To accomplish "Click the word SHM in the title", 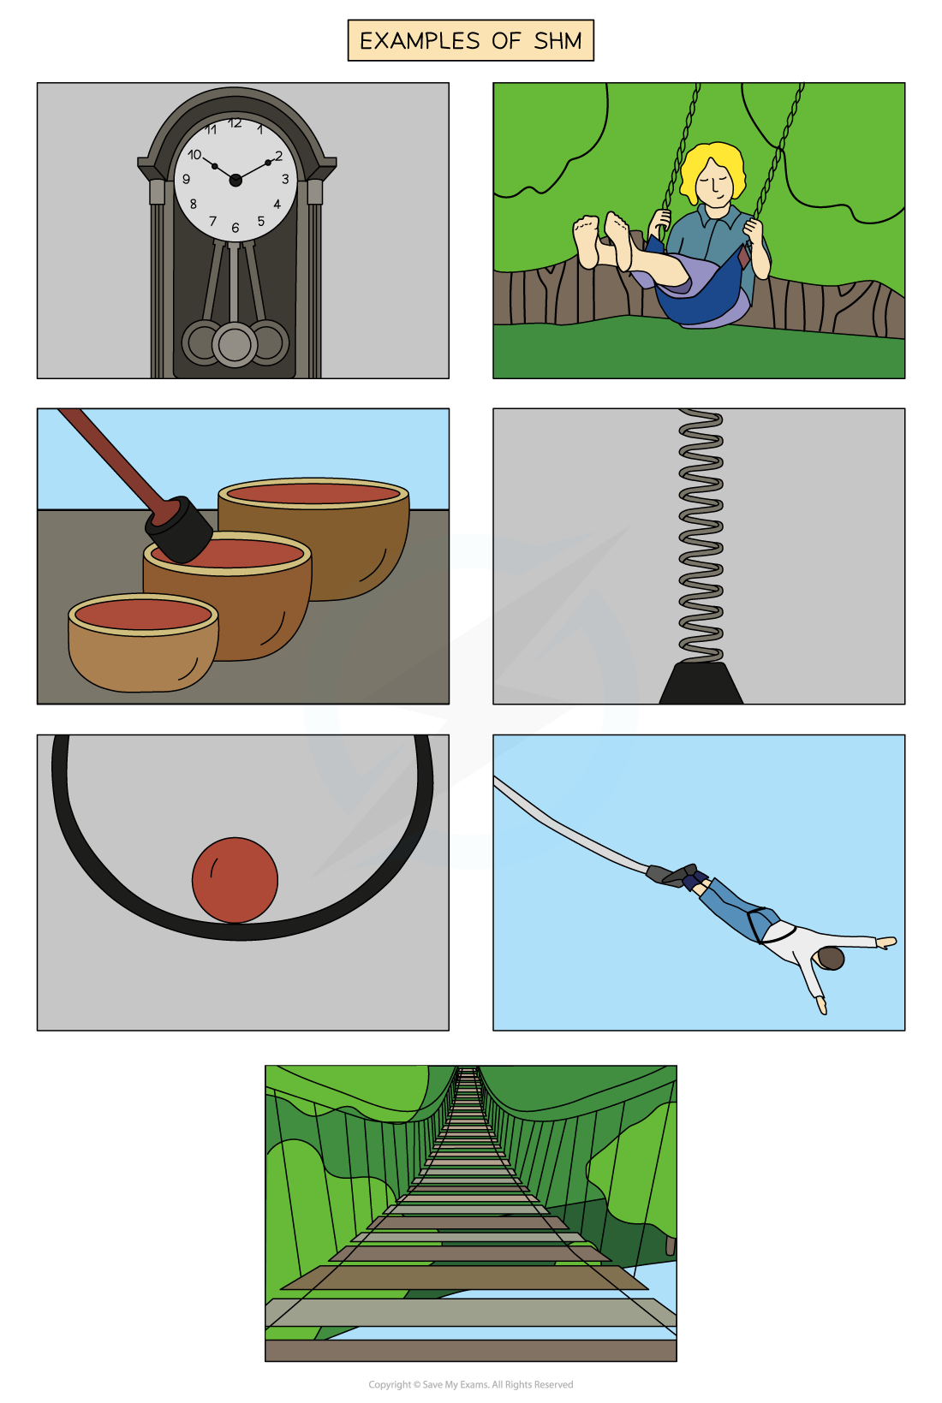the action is (x=557, y=41).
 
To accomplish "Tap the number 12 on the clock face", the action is (x=235, y=123).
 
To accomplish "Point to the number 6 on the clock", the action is (x=235, y=228).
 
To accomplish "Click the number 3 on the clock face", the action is (x=285, y=179).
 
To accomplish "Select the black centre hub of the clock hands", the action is (x=235, y=181).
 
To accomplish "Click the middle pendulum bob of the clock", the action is (x=235, y=344).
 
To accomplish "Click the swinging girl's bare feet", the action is (x=603, y=240).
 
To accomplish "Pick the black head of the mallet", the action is (x=179, y=530).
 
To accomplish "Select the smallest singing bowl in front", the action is (x=144, y=643).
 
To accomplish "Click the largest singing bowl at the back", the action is (x=313, y=538).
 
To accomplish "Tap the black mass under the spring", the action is (x=701, y=683).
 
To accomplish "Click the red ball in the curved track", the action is (x=235, y=880).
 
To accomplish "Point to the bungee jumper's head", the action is (x=831, y=959).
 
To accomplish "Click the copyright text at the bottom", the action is (x=471, y=1384).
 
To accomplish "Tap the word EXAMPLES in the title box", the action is (x=420, y=41).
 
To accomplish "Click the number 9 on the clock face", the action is (x=186, y=179).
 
